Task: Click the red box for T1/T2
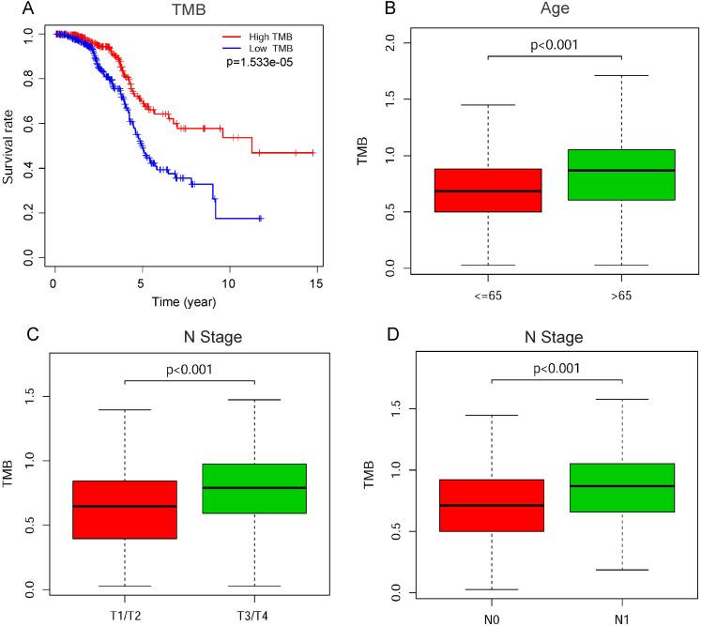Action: click(125, 510)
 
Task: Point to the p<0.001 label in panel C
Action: click(190, 369)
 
